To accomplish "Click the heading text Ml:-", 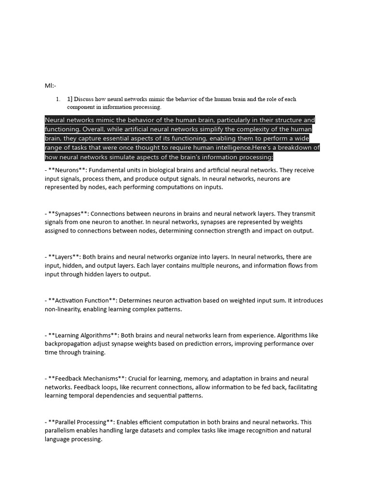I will click(51, 85).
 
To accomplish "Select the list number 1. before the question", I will click(58, 99).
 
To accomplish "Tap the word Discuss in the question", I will click(84, 99).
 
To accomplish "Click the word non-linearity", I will click(63, 309).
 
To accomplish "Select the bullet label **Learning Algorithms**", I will click(83, 335).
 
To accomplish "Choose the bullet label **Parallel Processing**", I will click(81, 422).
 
